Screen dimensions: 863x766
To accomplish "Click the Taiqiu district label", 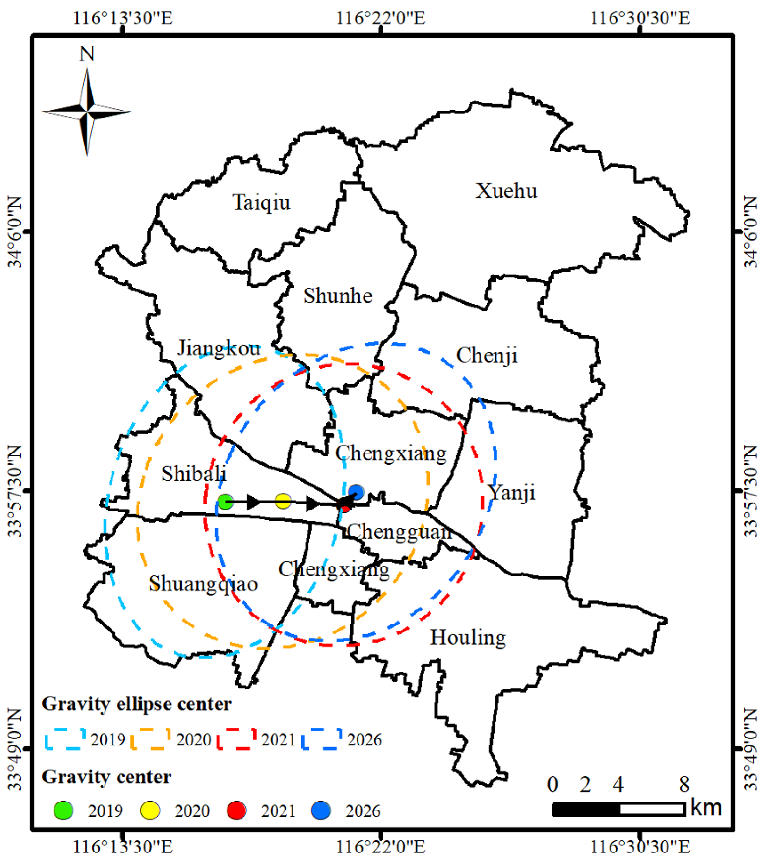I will (261, 202).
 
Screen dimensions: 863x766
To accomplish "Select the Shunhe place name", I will (337, 296).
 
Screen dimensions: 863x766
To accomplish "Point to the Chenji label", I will (487, 355).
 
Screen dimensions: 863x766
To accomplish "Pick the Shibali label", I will (194, 474).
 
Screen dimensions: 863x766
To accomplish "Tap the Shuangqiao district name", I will (203, 584).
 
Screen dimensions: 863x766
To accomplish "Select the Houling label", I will (468, 638).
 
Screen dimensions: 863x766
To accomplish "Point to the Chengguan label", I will (399, 531).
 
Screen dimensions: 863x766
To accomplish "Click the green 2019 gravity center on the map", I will (226, 502).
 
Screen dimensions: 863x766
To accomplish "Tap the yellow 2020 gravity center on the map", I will (283, 502).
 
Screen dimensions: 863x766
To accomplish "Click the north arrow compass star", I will (87, 112).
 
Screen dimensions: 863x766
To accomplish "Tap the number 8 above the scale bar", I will (684, 784).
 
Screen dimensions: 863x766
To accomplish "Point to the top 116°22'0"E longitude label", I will (380, 18).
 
